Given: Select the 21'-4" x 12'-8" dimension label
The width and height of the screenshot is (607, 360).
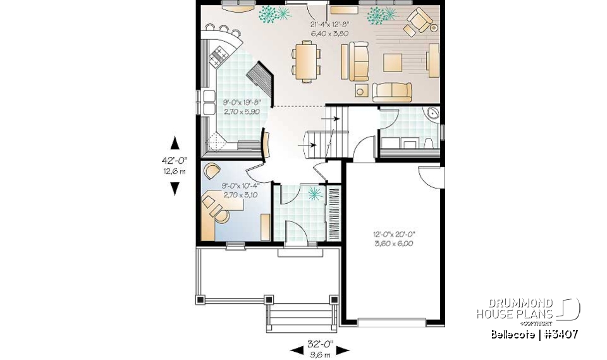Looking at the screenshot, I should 329,28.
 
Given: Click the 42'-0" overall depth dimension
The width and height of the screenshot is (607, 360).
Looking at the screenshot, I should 175,161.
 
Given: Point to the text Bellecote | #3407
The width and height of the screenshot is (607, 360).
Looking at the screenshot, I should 534,334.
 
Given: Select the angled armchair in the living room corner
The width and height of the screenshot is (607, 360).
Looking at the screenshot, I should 419,20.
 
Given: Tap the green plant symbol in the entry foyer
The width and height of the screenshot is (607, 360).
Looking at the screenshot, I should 314,195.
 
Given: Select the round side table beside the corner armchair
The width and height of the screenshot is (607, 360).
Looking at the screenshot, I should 434,28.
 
